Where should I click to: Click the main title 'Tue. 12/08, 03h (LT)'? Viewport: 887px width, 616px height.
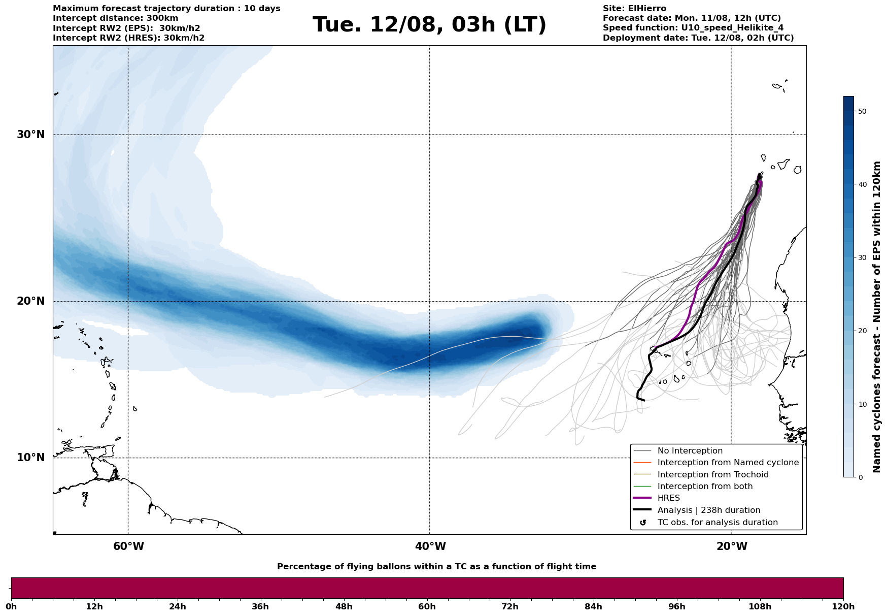(429, 25)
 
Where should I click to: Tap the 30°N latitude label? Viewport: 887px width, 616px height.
(30, 135)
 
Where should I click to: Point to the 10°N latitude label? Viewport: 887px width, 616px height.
(30, 458)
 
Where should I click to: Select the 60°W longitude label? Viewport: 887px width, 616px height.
(128, 546)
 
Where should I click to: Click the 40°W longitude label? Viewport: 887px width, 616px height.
(430, 546)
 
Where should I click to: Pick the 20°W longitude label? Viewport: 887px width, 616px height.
(732, 546)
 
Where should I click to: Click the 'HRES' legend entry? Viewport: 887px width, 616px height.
(668, 498)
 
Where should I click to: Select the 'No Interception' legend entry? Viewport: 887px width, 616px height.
(690, 451)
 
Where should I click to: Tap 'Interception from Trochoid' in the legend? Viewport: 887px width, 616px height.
(712, 475)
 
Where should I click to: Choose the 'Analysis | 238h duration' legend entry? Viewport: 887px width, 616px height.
(708, 510)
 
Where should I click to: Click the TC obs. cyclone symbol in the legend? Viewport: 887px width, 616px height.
(643, 523)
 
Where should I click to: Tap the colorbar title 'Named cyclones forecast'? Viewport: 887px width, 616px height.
(877, 317)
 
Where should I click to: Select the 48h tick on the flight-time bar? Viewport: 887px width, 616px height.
(344, 606)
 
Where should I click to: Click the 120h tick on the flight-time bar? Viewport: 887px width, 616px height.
(843, 606)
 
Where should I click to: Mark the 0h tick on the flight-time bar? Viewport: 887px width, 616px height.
(11, 606)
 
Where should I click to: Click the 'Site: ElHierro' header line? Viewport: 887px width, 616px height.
(634, 9)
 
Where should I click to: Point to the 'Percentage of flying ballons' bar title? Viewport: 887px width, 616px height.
(436, 567)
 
